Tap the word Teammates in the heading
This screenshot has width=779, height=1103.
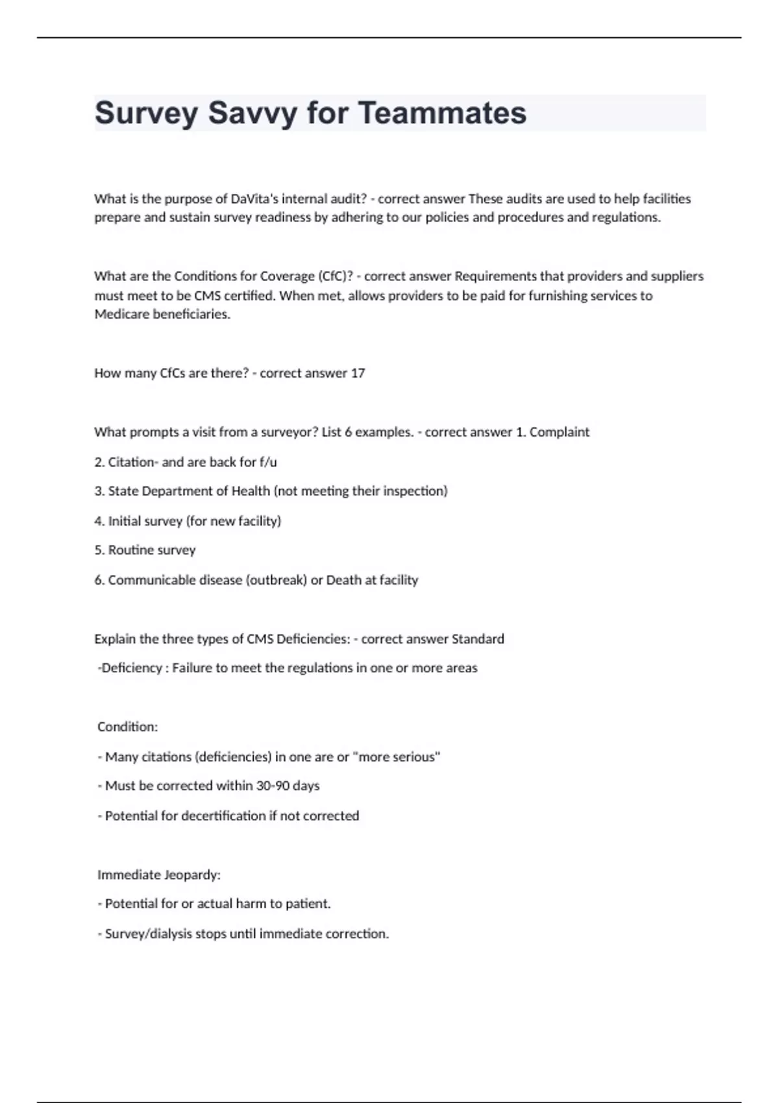point(442,113)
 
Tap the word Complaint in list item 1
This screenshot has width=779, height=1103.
point(559,432)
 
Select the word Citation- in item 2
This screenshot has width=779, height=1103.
point(133,462)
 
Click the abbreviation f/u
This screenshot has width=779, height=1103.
point(268,462)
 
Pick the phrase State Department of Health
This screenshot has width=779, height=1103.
point(189,491)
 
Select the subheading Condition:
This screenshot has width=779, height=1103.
point(127,727)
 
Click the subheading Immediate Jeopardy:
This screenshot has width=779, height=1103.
point(158,875)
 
